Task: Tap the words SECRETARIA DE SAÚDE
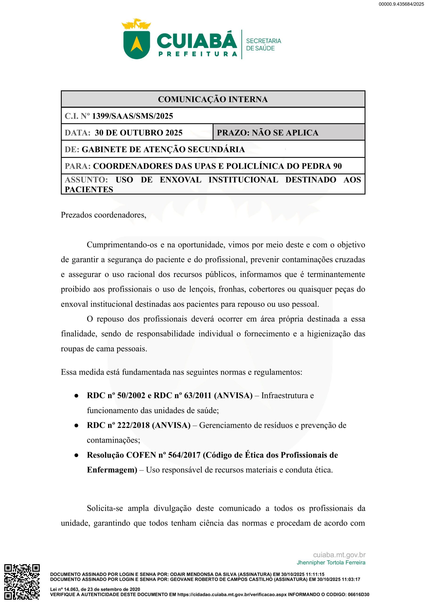(263, 45)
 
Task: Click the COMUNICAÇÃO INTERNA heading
(213, 99)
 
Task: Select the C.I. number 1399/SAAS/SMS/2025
(132, 116)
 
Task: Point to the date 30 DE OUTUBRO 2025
(139, 133)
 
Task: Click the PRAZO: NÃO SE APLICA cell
(267, 133)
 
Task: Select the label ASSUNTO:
(86, 180)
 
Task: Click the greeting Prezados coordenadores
(103, 215)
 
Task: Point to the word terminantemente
(336, 274)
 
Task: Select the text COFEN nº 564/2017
(163, 455)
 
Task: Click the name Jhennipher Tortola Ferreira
(331, 562)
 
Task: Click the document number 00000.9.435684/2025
(401, 4)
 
